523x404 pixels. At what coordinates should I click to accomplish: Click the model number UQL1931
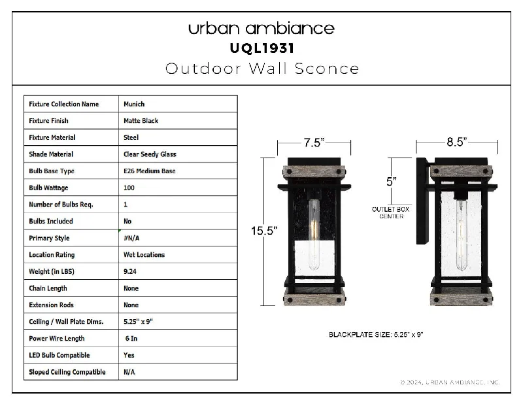[x=262, y=48]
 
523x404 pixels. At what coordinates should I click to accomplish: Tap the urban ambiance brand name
[x=261, y=28]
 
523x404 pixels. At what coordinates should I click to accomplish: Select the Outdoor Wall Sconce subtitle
[x=262, y=69]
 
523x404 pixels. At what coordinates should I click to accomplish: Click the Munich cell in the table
[x=134, y=104]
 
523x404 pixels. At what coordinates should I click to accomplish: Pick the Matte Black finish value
[x=141, y=121]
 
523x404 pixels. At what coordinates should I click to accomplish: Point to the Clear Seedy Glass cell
[x=150, y=154]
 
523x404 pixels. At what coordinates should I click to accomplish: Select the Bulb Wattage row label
[x=48, y=188]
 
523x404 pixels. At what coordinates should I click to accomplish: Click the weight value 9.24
[x=129, y=271]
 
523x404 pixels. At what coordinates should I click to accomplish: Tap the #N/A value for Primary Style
[x=131, y=238]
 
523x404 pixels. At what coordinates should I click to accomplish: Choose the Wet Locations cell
[x=144, y=255]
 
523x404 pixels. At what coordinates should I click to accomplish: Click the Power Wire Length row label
[x=57, y=339]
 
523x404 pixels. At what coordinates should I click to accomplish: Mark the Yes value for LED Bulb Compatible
[x=129, y=355]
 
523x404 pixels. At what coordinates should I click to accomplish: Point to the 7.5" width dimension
[x=314, y=143]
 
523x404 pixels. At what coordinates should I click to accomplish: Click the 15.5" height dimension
[x=264, y=231]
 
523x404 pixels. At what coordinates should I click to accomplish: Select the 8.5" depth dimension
[x=456, y=142]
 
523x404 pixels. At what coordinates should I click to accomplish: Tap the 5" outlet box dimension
[x=391, y=182]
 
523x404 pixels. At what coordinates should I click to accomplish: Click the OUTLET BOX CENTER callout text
[x=390, y=213]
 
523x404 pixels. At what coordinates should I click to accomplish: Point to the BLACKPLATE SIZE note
[x=376, y=335]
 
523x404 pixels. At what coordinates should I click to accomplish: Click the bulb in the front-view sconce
[x=314, y=235]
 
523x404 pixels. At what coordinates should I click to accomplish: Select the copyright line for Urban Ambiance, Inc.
[x=449, y=382]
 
